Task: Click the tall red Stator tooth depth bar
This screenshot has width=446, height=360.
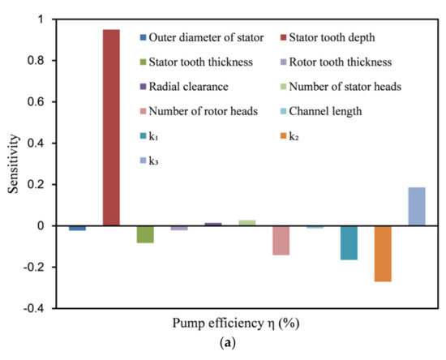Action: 110,127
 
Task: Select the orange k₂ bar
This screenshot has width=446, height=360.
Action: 383,254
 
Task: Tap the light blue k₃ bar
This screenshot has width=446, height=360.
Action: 417,207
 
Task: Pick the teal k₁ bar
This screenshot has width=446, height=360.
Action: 349,242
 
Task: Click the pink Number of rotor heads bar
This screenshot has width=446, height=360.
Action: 281,241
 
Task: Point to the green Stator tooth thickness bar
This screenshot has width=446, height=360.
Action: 145,234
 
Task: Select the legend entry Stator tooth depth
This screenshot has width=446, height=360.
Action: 355,36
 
